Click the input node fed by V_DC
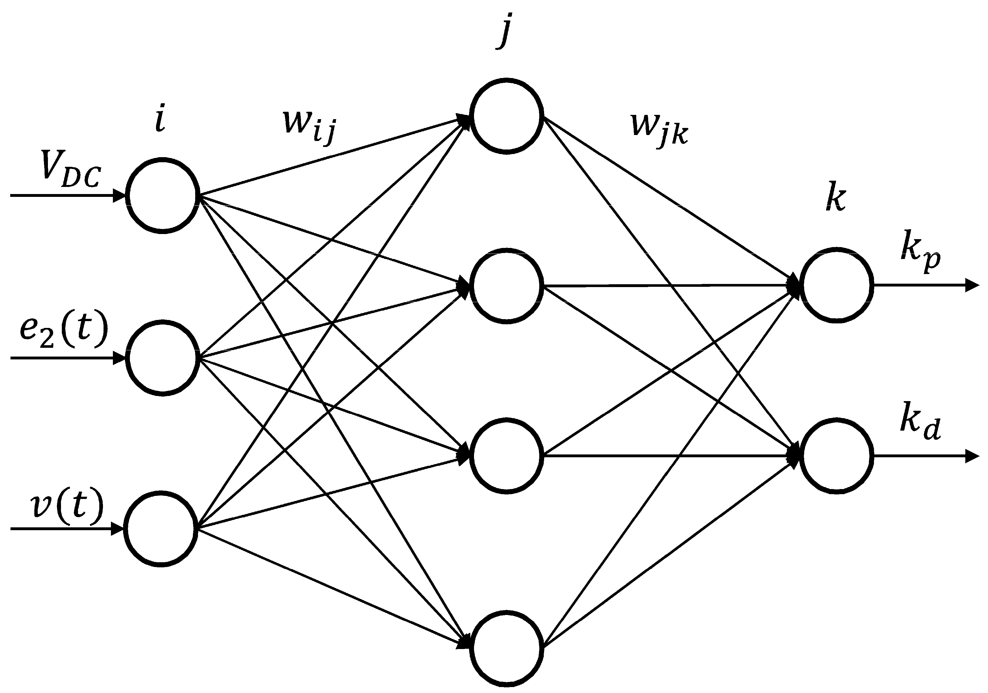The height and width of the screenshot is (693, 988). pos(163,196)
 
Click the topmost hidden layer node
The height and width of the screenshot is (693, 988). pos(505,115)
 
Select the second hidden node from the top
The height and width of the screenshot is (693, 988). pos(505,285)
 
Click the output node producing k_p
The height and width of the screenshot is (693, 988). pos(837,285)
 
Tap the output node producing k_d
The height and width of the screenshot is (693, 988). pos(837,455)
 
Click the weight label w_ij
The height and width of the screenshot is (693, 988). pos(308,125)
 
